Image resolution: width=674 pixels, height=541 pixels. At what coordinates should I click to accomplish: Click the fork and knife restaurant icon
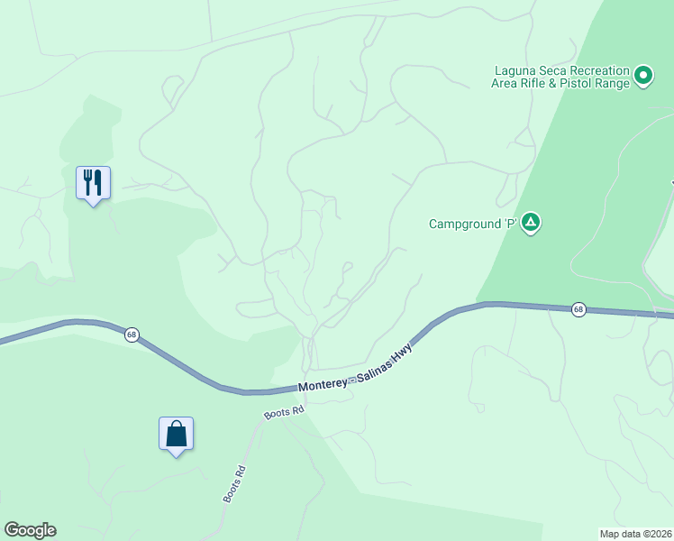click(x=93, y=183)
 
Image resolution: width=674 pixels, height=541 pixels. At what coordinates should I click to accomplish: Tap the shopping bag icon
click(x=177, y=434)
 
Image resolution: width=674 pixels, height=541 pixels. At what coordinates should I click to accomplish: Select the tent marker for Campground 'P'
click(x=532, y=222)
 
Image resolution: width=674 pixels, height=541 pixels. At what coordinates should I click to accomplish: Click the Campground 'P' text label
click(x=473, y=224)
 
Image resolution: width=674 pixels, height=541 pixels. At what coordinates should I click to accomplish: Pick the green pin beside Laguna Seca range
click(x=642, y=76)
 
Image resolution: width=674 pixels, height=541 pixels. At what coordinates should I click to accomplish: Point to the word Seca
click(x=559, y=70)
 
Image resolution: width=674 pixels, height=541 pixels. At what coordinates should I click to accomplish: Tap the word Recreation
click(x=603, y=70)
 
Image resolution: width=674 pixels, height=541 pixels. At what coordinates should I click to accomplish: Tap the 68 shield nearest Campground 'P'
click(x=578, y=309)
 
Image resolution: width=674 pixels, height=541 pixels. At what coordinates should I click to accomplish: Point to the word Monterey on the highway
click(x=323, y=385)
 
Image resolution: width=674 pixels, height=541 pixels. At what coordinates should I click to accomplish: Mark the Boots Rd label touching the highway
click(x=284, y=412)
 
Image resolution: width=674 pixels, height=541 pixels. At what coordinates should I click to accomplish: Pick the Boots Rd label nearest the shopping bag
click(x=233, y=484)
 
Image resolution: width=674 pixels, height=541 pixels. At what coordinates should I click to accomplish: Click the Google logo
click(x=30, y=530)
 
